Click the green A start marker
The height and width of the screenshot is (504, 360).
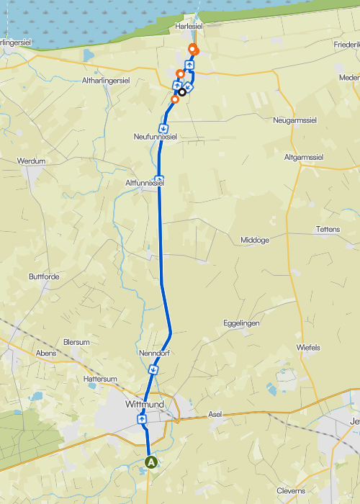[x=151, y=462]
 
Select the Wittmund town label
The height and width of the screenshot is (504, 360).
[x=145, y=405]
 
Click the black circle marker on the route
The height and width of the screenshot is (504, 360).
[x=182, y=91]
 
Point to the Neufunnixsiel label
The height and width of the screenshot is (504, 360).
[x=155, y=136]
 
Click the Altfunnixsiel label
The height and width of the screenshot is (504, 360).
[x=145, y=183]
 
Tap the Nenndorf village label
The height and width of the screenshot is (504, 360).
[x=153, y=354]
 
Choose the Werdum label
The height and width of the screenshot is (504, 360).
[x=31, y=161]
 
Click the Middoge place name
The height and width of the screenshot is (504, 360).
[x=254, y=240]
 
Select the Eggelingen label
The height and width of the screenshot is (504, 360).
[x=241, y=323]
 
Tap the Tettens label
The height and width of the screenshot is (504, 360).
[x=328, y=229]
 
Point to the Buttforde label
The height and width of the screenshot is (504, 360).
[x=44, y=276]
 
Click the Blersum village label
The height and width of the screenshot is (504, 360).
[x=76, y=342]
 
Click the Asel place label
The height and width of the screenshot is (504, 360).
[x=215, y=415]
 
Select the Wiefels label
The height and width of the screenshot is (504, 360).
[x=308, y=347]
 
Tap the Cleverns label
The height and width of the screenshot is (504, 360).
[x=291, y=490]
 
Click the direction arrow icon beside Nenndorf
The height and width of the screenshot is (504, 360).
[x=153, y=369]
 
